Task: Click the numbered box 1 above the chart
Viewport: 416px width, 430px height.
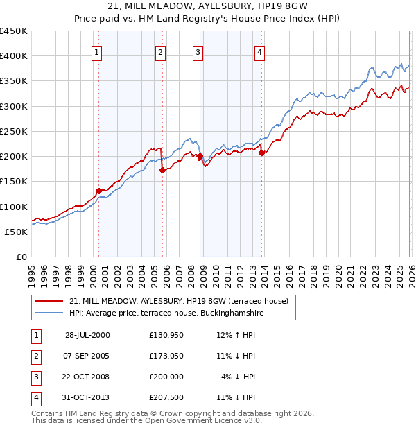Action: [96, 52]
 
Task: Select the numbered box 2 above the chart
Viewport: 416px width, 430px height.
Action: [160, 52]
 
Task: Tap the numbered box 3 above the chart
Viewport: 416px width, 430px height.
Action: [198, 52]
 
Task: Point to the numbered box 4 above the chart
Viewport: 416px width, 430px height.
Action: [259, 52]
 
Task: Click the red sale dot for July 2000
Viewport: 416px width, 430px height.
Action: [98, 191]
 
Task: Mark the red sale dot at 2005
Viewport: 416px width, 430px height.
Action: [162, 169]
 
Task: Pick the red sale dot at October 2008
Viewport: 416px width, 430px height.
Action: [200, 157]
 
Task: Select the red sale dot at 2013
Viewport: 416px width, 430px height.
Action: [261, 153]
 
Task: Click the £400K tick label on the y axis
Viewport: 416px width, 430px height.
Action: [14, 56]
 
